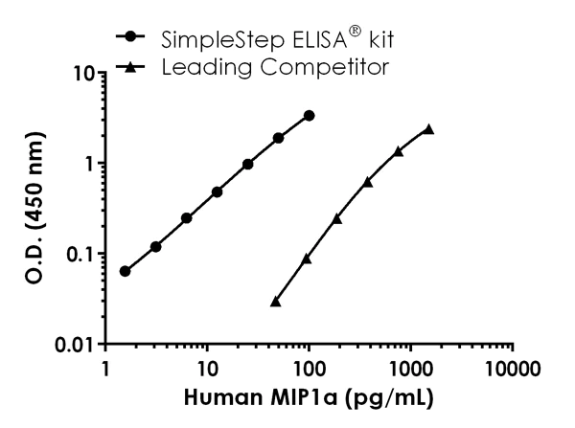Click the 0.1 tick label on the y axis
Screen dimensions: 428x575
click(x=73, y=254)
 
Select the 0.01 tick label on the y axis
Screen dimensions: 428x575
click(x=68, y=345)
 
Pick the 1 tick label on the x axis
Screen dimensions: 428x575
click(x=103, y=370)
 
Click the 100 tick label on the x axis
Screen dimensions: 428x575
click(x=308, y=370)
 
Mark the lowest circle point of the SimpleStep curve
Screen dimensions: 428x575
click(x=125, y=271)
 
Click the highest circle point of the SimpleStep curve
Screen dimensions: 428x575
click(x=309, y=115)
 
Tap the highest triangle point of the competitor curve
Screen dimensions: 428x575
click(x=428, y=129)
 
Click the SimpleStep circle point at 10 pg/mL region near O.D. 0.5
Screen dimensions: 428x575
click(x=217, y=191)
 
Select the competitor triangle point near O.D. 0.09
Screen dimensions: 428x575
click(x=307, y=259)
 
